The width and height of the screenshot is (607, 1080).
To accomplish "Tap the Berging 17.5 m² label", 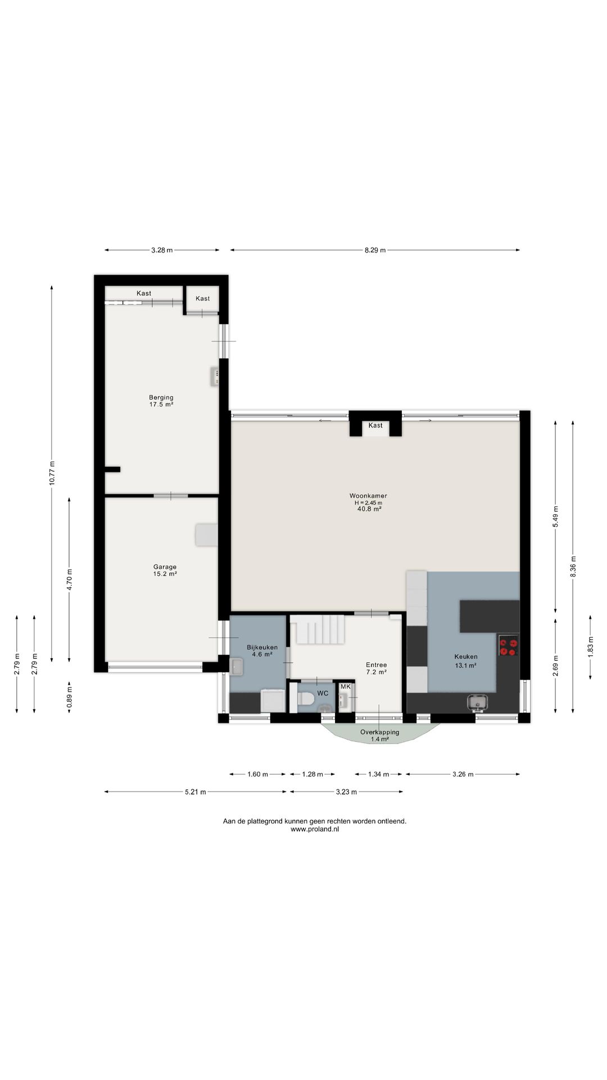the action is point(161,401).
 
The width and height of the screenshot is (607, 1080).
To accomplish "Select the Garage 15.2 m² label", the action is point(165,570).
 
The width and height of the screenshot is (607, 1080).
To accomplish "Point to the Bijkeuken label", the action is point(262,647).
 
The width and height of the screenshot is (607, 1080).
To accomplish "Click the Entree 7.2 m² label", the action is point(377,668).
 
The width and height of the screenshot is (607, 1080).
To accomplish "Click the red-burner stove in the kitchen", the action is point(508,645).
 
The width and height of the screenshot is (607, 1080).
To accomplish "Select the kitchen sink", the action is point(477,702).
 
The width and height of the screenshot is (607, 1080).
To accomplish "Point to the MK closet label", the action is point(345,687).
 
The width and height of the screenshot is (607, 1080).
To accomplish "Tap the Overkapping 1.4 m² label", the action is point(380,736).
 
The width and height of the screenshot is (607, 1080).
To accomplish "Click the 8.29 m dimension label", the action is point(375,250).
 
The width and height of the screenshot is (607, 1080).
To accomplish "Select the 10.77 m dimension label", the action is point(52,473).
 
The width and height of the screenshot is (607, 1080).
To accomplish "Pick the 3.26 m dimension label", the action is point(463,775).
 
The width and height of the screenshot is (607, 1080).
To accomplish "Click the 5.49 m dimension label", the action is point(555,516).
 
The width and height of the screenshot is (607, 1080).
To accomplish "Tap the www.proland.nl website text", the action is point(315,829).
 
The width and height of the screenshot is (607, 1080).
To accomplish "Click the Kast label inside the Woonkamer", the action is point(375,425).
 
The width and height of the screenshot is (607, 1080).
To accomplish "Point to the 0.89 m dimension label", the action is point(69,698).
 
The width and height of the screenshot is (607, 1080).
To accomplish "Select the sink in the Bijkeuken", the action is point(237,667).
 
